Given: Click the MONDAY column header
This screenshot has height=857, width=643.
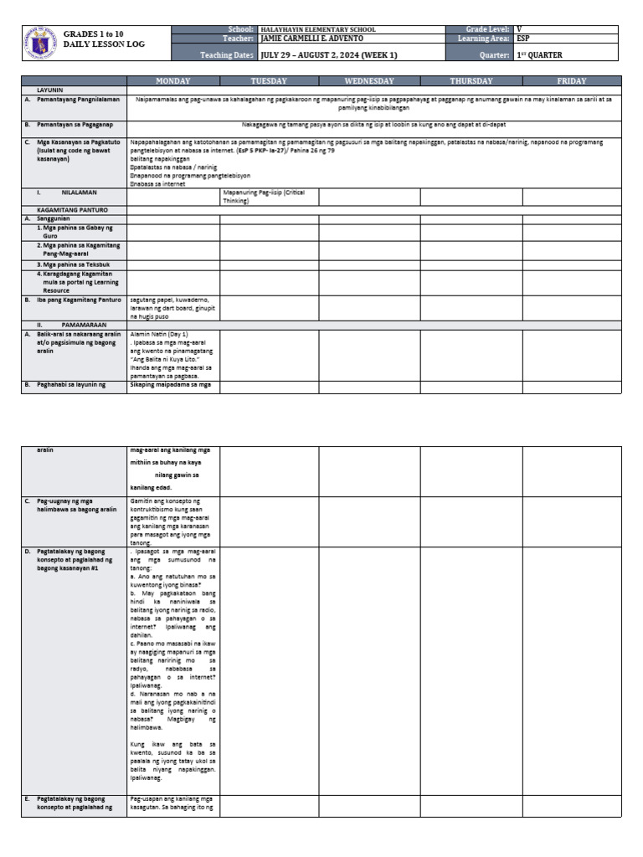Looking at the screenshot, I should pyautogui.click(x=173, y=81).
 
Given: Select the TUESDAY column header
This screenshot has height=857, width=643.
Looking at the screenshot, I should pyautogui.click(x=269, y=81).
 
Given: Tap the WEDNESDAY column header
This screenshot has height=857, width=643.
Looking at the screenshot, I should pyautogui.click(x=369, y=81).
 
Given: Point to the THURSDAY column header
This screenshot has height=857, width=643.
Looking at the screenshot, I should pyautogui.click(x=471, y=81).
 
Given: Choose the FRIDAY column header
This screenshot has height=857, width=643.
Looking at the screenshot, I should pyautogui.click(x=572, y=81).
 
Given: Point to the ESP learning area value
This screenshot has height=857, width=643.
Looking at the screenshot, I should pyautogui.click(x=524, y=39).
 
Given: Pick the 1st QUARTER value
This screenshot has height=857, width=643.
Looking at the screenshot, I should pyautogui.click(x=539, y=55).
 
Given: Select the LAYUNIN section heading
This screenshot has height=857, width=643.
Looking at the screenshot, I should pyautogui.click(x=50, y=89).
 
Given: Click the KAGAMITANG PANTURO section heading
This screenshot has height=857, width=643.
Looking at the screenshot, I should pyautogui.click(x=71, y=209).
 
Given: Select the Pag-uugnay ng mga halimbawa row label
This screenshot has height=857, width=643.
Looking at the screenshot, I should pyautogui.click(x=76, y=505).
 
